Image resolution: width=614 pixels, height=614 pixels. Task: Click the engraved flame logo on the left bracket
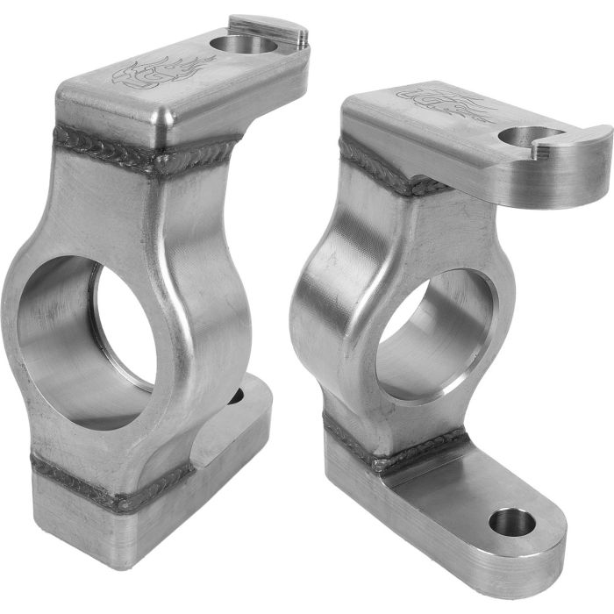click(x=163, y=73)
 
